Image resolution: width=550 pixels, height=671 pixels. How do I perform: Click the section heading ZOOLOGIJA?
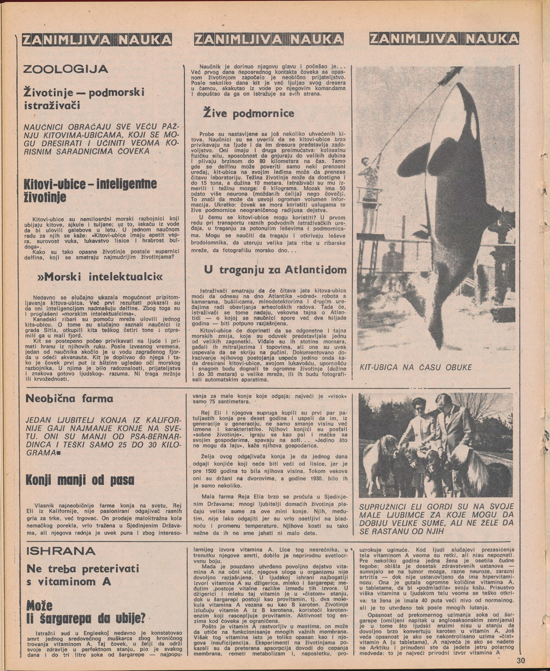(x=67, y=69)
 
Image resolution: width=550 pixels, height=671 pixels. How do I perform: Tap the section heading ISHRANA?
(x=61, y=551)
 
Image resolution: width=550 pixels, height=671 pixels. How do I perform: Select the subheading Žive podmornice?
(x=248, y=113)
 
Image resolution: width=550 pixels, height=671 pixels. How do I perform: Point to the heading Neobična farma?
(x=70, y=399)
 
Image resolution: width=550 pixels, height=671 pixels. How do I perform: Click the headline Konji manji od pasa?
(x=80, y=479)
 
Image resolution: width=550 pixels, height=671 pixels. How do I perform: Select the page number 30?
(x=520, y=661)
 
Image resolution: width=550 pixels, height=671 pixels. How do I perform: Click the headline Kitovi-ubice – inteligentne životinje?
(x=91, y=191)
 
